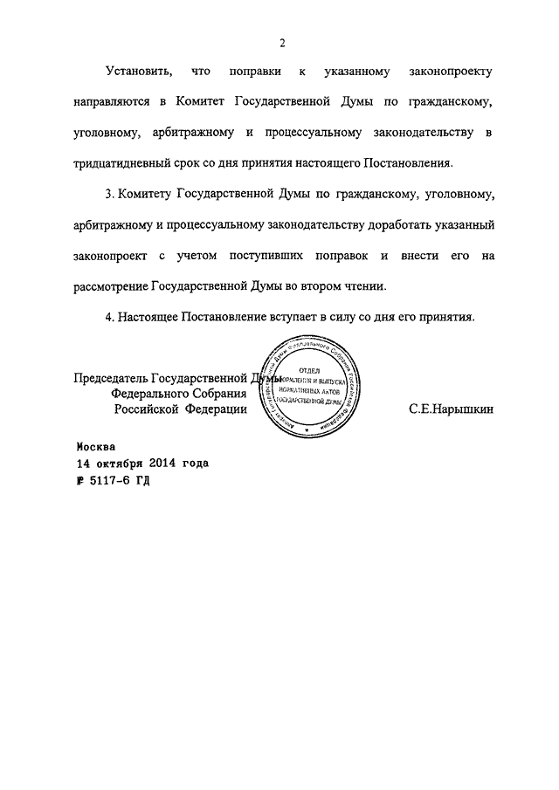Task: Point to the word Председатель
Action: click(x=111, y=379)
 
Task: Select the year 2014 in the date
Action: click(x=162, y=463)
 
